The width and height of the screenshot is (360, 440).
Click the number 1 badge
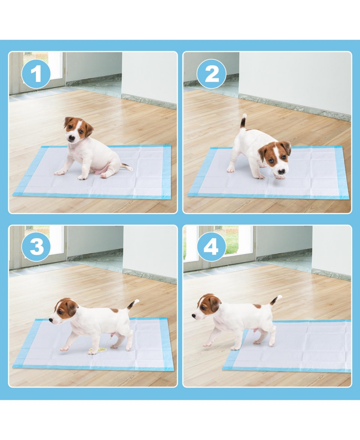click(36, 74)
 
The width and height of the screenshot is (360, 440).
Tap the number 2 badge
click(211, 74)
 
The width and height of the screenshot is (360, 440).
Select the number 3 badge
click(36, 247)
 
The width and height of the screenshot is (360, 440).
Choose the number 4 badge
click(211, 247)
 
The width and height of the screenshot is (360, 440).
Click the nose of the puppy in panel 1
click(71, 139)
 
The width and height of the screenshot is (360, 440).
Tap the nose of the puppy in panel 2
click(281, 172)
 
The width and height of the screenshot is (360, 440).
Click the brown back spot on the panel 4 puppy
click(257, 306)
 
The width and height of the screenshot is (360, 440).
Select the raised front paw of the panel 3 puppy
click(64, 349)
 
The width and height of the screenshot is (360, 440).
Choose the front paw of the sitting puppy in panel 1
click(59, 173)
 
